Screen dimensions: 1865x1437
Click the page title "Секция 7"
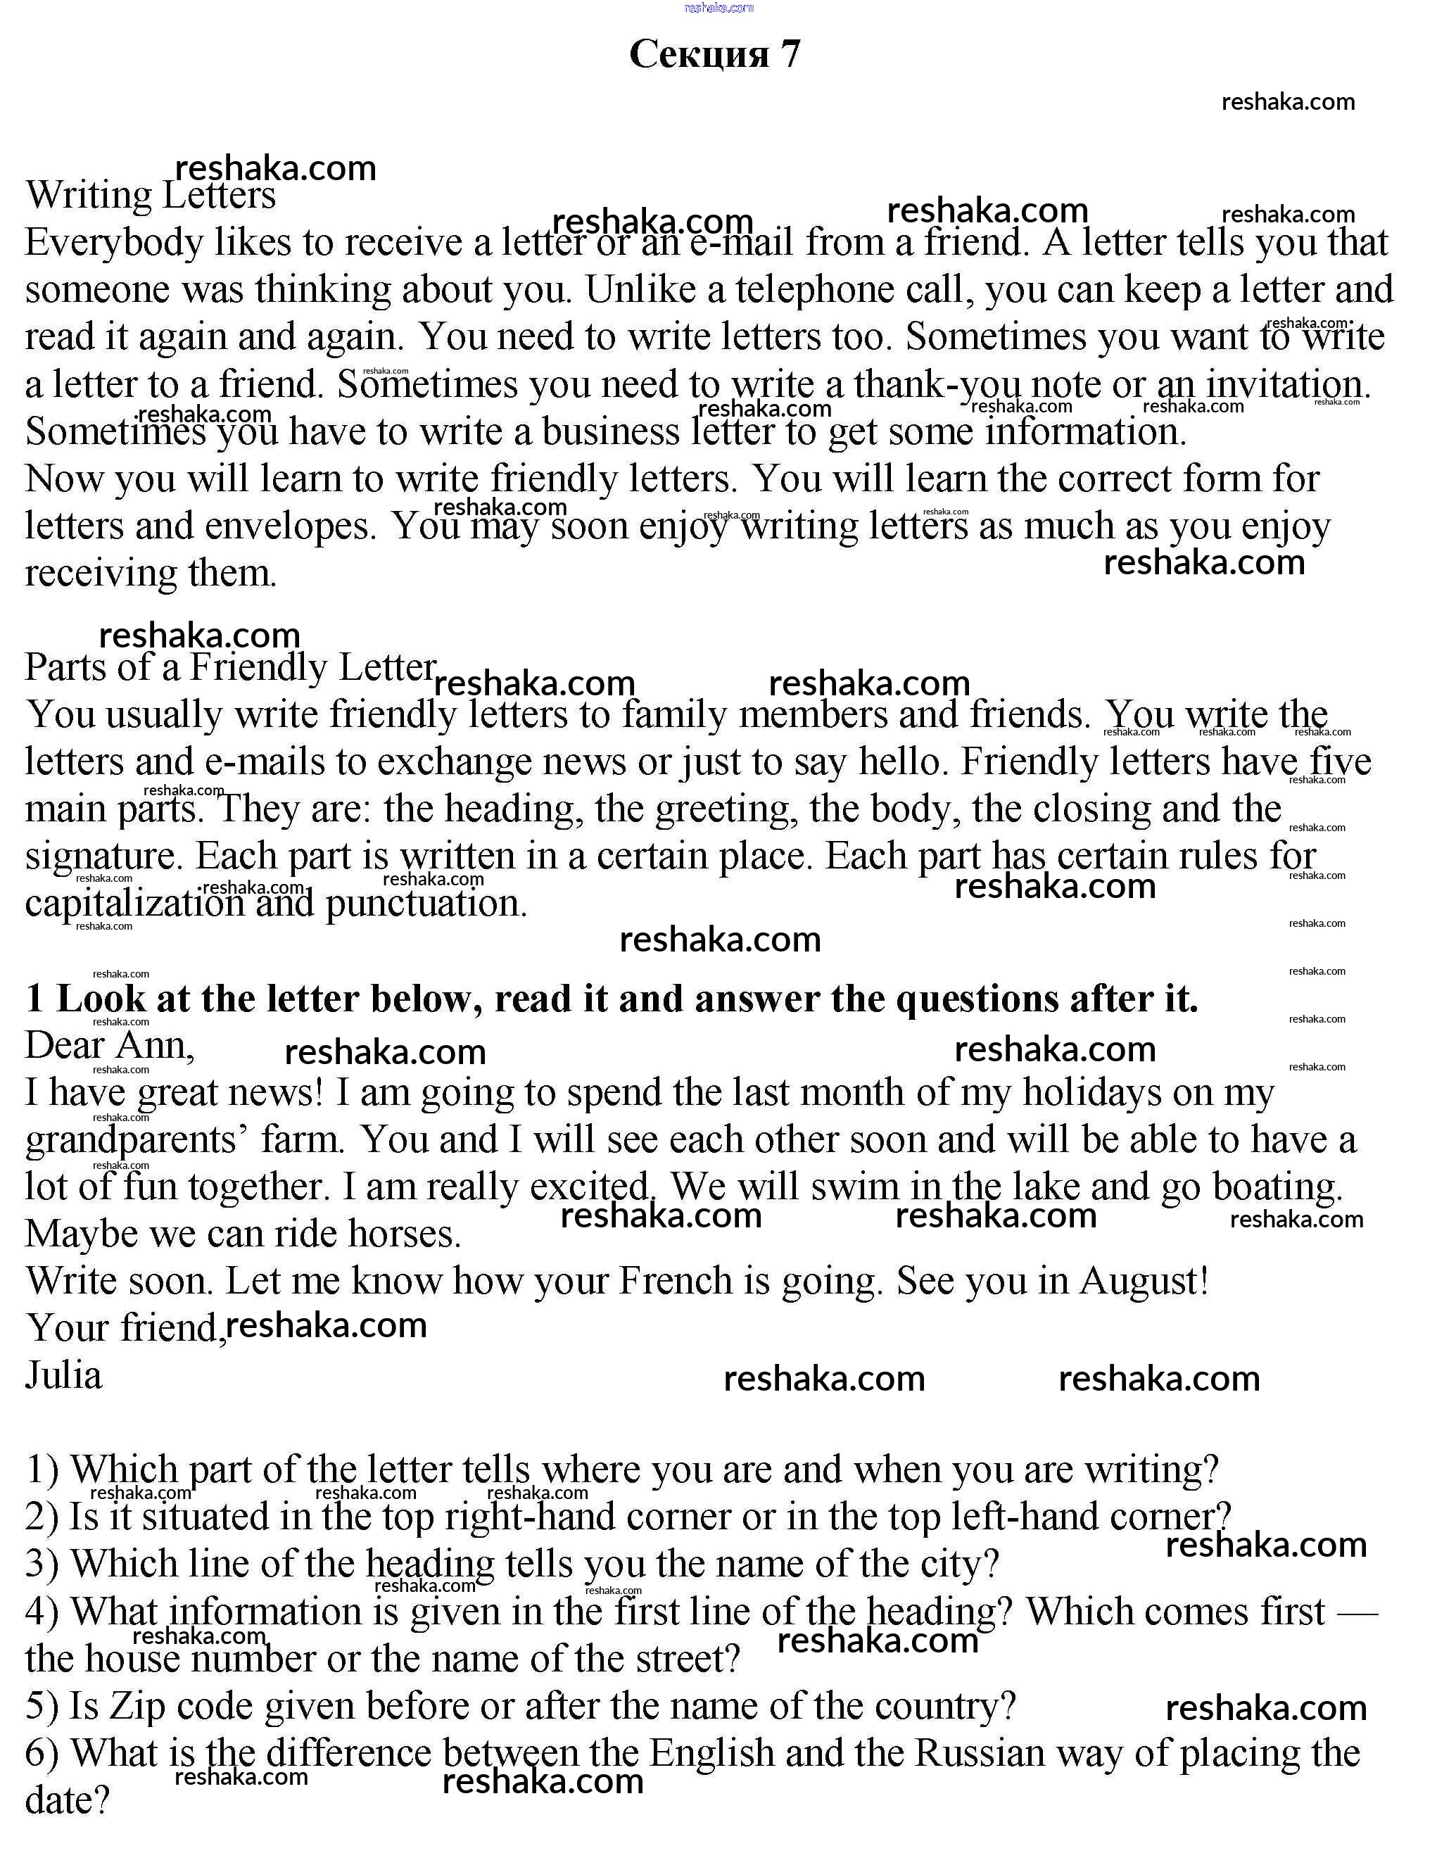[x=715, y=53]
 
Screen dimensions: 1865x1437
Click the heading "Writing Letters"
[x=151, y=196]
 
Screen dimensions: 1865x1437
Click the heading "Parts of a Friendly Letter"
[x=229, y=668]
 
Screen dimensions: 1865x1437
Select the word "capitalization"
[x=134, y=904]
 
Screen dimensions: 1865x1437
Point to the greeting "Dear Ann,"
[x=109, y=1046]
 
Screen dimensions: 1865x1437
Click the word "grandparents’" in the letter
[x=137, y=1141]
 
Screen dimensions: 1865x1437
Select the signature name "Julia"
[x=63, y=1376]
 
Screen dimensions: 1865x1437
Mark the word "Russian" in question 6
[x=980, y=1753]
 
